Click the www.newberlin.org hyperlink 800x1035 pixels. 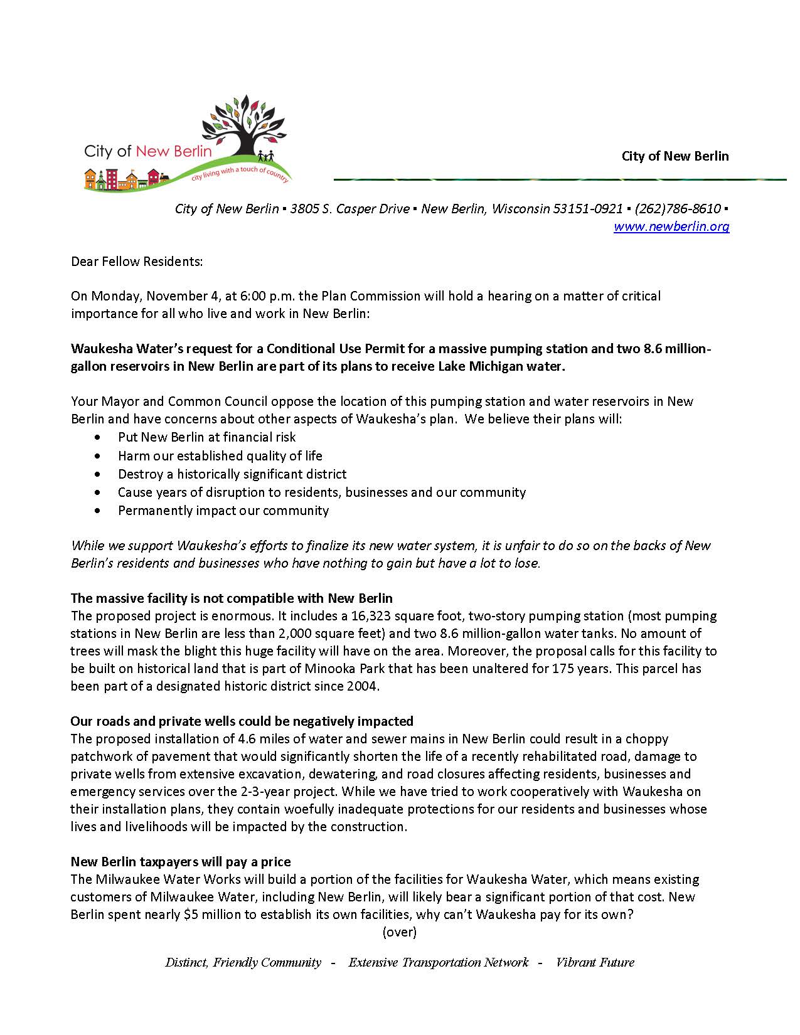pyautogui.click(x=671, y=226)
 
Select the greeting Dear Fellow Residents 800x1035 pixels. pyautogui.click(x=137, y=262)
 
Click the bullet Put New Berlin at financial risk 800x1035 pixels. pyautogui.click(x=206, y=437)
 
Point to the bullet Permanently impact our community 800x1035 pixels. pyautogui.click(x=223, y=511)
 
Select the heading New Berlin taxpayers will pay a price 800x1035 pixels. pyautogui.click(x=180, y=862)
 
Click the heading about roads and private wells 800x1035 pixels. pyautogui.click(x=242, y=721)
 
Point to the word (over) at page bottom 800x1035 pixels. pyautogui.click(x=399, y=932)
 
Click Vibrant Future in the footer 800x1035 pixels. pyautogui.click(x=595, y=963)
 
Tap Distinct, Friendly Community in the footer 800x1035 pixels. pyautogui.click(x=243, y=963)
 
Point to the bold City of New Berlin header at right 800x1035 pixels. pyautogui.click(x=675, y=156)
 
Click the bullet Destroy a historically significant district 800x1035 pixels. pyautogui.click(x=232, y=474)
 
